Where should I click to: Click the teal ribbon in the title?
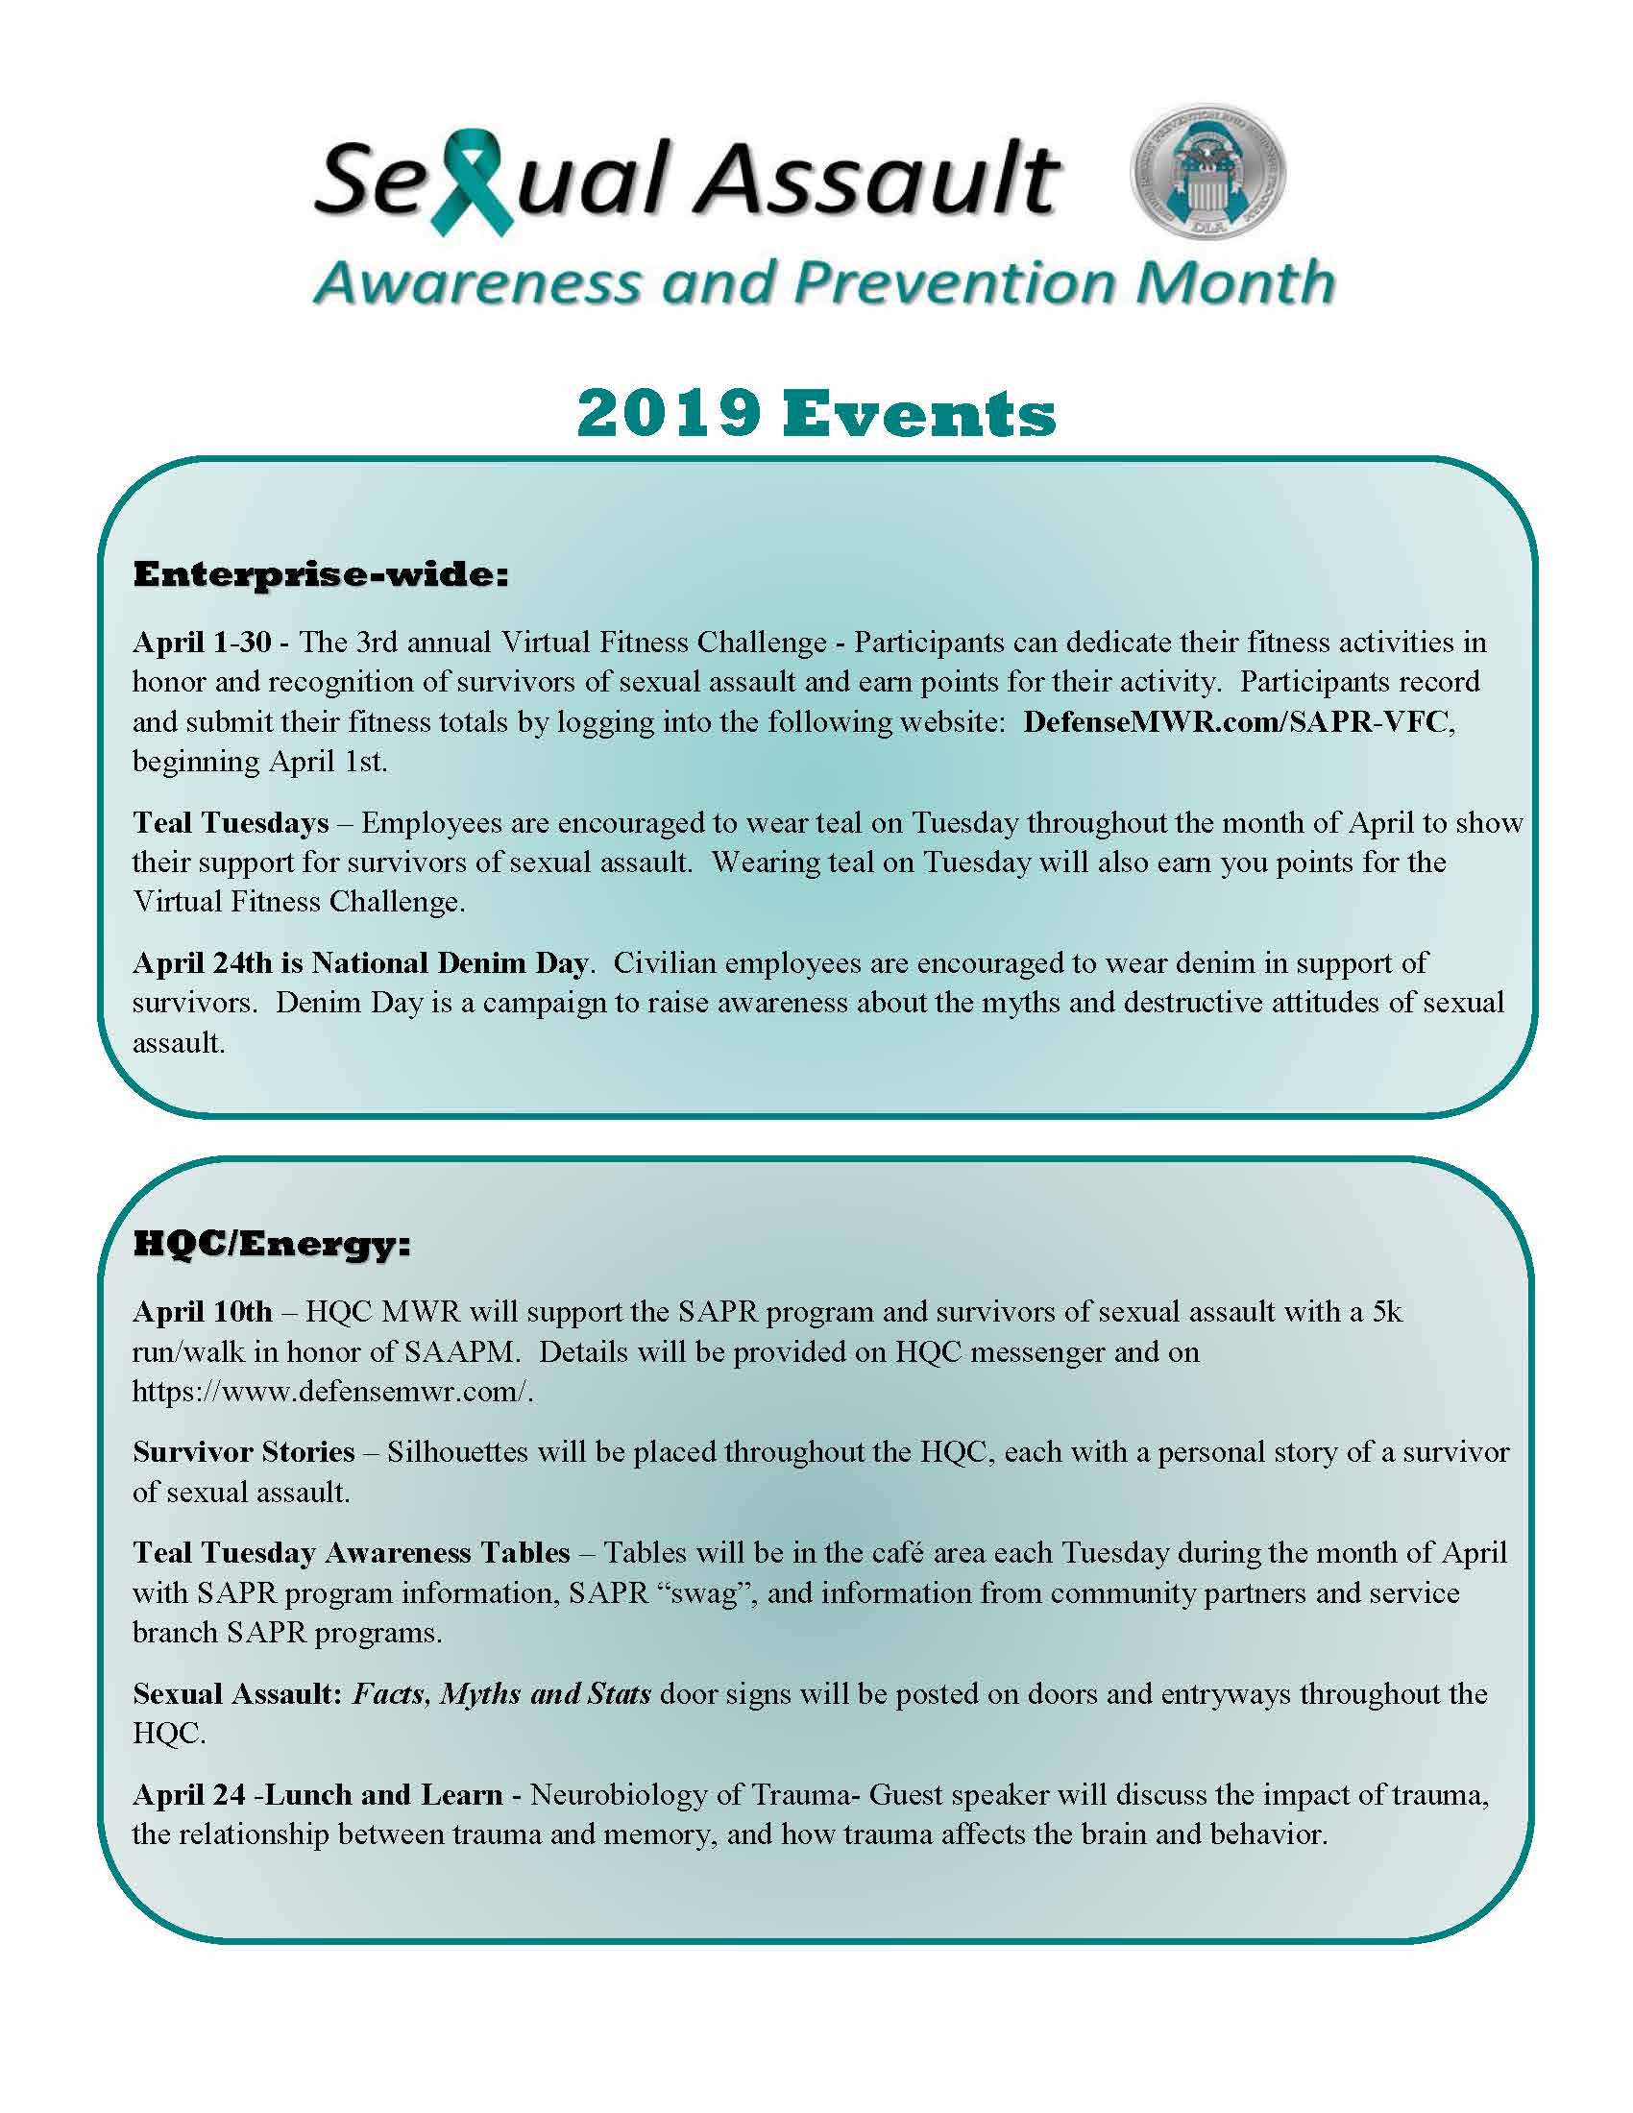click(471, 183)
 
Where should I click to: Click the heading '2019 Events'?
click(816, 414)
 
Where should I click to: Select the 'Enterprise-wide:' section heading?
click(320, 574)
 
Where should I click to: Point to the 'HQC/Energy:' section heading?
click(272, 1244)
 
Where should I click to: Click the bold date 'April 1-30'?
click(201, 642)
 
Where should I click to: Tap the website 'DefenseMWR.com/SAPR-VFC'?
click(1237, 721)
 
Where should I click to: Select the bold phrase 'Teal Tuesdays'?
click(232, 822)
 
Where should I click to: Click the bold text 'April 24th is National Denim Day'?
click(360, 962)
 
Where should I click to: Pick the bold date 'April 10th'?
click(202, 1311)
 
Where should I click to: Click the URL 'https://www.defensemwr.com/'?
click(331, 1392)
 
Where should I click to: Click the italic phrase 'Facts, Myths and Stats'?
click(501, 1693)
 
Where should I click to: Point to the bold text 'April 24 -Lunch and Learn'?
click(317, 1795)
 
